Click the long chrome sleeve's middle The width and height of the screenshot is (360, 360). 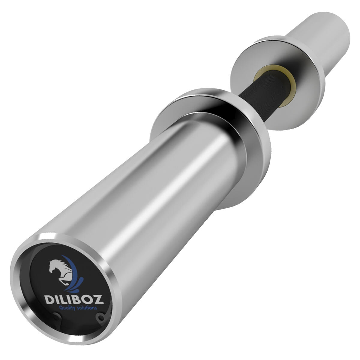click(x=144, y=186)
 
